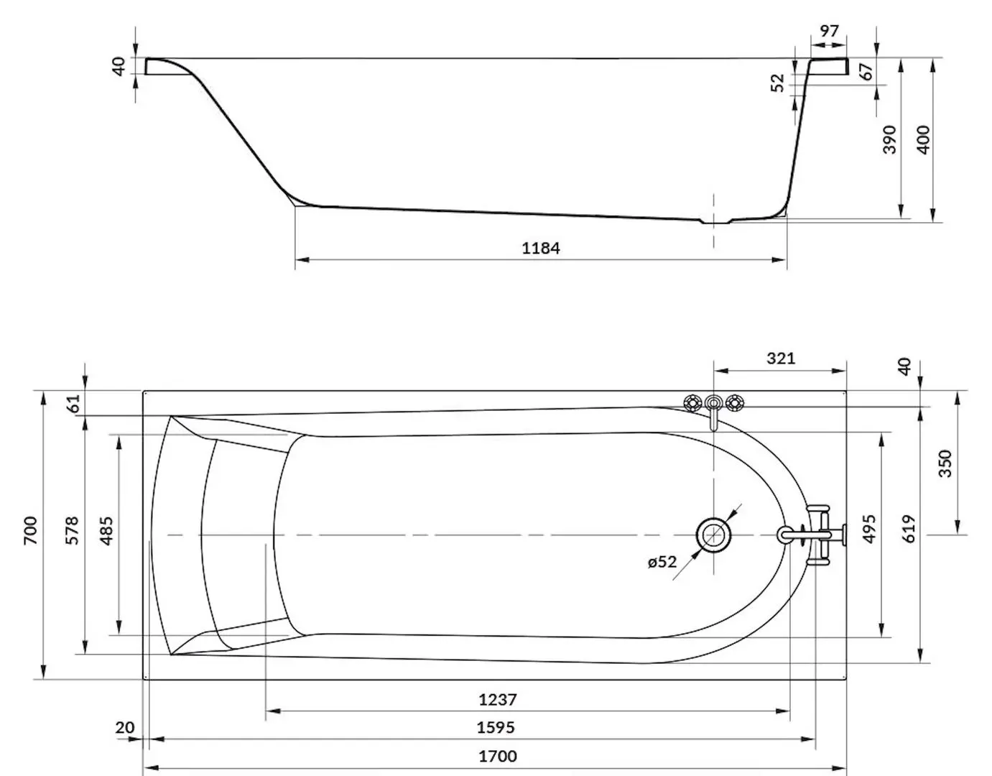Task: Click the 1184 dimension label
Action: (540, 249)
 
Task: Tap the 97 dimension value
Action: (830, 31)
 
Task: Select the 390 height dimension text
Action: (890, 139)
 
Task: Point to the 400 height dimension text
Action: (922, 139)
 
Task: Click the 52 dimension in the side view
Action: (777, 83)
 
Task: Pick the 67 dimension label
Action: (866, 71)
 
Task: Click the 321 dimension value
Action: (781, 359)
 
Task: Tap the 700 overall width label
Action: (30, 530)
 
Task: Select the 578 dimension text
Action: (72, 530)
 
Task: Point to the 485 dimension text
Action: (106, 530)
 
